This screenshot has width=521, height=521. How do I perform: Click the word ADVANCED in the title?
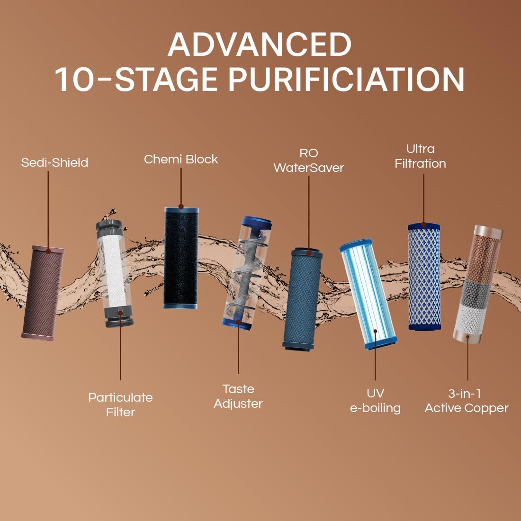click(260, 45)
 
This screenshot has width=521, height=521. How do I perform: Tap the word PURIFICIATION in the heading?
click(346, 80)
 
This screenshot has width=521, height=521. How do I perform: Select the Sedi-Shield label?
click(54, 162)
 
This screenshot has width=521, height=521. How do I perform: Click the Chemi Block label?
click(181, 159)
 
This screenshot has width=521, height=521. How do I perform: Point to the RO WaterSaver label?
click(308, 160)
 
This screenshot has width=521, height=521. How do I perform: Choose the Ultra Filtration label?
click(420, 156)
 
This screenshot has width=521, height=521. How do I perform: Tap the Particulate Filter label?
click(120, 404)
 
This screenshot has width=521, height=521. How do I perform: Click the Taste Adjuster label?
click(238, 396)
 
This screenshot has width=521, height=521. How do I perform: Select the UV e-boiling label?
click(375, 400)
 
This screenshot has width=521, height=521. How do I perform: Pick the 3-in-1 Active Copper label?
click(467, 401)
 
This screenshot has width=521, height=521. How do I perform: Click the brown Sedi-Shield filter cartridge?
click(43, 293)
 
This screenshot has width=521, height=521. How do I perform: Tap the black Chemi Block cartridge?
click(181, 258)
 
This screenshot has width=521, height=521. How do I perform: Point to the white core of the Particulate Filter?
click(113, 271)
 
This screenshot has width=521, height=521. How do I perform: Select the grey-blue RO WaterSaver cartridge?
click(303, 299)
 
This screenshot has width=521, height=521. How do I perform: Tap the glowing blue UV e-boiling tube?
click(368, 294)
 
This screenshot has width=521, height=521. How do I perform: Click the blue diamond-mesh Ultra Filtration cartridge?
click(424, 277)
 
